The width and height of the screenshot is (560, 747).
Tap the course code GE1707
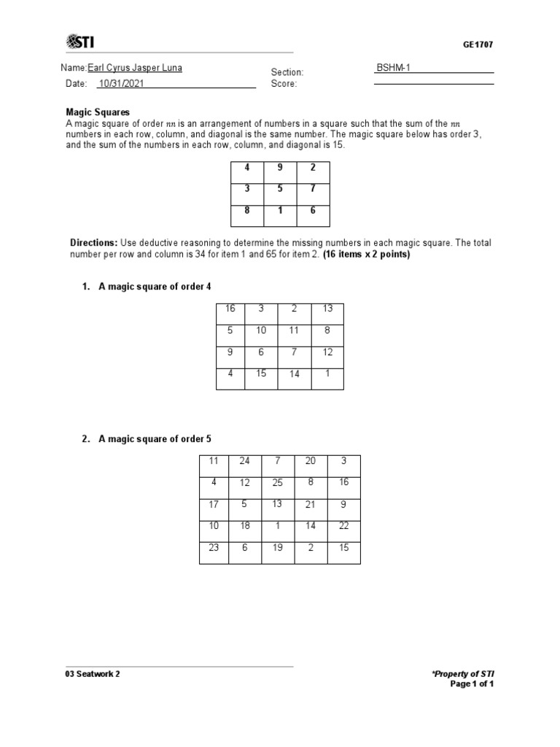478,44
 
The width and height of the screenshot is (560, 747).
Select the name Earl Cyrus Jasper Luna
135,68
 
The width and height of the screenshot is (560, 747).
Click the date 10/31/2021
121,83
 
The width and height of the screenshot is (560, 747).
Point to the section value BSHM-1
393,68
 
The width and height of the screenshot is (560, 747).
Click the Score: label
284,84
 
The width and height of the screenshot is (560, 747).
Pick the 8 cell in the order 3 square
247,212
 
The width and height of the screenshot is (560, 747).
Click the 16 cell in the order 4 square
230,309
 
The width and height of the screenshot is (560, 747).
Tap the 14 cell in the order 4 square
294,374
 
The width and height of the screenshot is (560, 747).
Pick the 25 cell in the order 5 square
277,483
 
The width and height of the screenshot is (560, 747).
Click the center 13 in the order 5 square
277,504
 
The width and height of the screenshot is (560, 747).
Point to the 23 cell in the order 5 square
214,548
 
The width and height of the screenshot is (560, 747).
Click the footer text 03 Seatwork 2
93,674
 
